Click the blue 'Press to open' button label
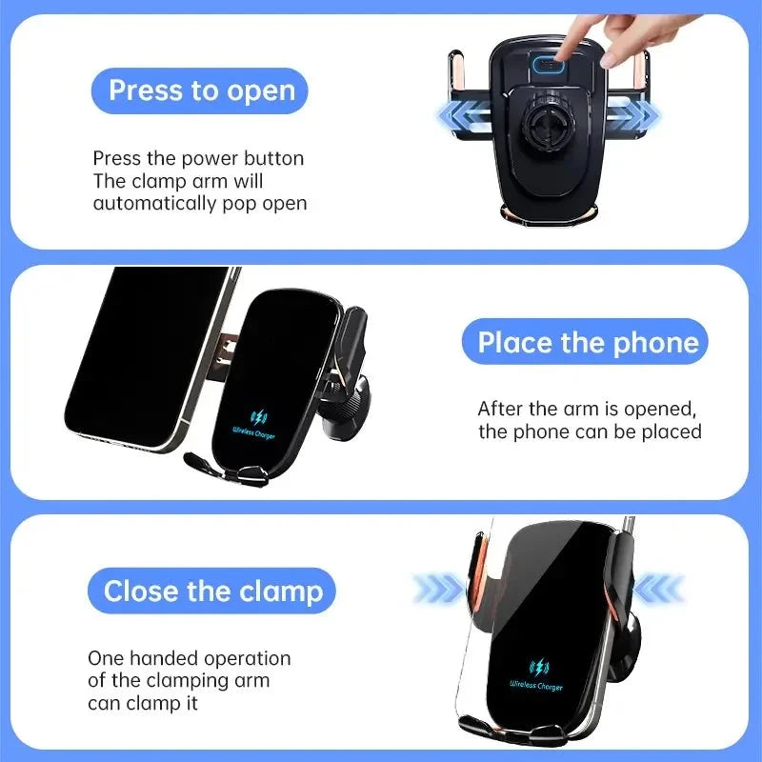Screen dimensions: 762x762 [x=200, y=90]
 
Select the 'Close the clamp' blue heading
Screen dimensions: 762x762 [x=212, y=592]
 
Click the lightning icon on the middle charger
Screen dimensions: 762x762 [x=259, y=417]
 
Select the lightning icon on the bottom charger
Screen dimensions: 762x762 [x=538, y=667]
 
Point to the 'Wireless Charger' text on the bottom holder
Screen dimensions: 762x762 [x=536, y=686]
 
